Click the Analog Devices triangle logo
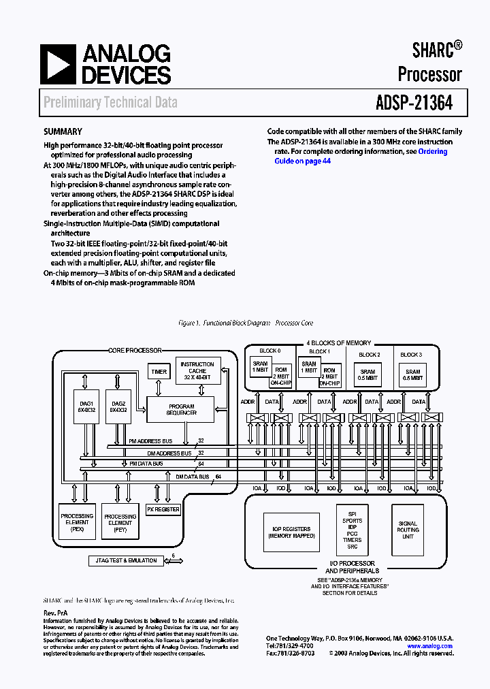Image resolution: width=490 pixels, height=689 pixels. (x=58, y=65)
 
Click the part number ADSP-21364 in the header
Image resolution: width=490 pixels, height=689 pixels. (x=413, y=103)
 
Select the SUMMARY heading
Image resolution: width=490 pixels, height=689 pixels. (x=63, y=132)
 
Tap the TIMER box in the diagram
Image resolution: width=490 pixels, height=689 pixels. (x=159, y=372)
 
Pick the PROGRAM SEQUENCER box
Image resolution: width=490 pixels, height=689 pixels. (x=182, y=408)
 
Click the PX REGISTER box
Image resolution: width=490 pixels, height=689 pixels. (x=164, y=509)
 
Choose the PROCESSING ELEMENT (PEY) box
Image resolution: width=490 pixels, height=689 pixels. (x=120, y=522)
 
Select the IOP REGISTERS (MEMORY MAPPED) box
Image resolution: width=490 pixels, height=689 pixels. (x=291, y=532)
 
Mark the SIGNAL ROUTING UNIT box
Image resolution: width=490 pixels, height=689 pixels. (x=408, y=530)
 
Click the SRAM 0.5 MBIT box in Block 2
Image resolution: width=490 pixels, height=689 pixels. (x=369, y=374)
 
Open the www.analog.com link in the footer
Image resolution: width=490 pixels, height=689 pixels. (x=429, y=645)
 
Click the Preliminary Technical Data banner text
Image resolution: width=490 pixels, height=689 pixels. (x=110, y=103)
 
